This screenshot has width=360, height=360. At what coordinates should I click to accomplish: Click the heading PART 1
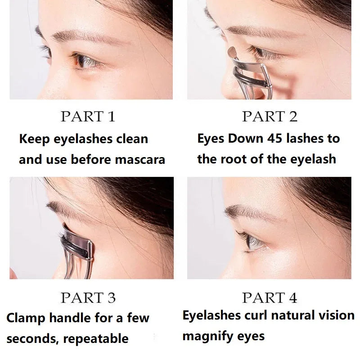tap(88, 117)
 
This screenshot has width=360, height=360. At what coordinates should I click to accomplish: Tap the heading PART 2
tap(270, 117)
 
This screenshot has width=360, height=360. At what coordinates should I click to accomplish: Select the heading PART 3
tap(88, 297)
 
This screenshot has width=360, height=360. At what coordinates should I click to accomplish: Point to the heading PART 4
tap(270, 297)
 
